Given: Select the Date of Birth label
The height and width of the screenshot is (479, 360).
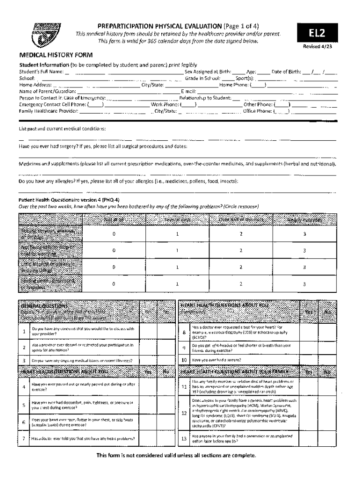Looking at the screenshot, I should (286, 72).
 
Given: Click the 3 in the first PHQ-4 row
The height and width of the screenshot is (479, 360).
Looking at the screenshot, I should (304, 234).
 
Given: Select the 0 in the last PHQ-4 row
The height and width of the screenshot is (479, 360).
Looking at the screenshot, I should (114, 283).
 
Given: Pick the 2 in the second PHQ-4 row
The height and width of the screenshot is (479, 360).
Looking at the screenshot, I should (241, 250).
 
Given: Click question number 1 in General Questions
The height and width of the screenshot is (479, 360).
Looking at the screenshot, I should (24, 332).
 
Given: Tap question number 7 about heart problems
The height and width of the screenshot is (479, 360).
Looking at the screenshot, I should (24, 439).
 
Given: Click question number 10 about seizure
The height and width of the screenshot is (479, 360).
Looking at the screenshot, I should (184, 360).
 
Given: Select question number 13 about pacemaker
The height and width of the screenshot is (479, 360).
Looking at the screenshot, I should (184, 439).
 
